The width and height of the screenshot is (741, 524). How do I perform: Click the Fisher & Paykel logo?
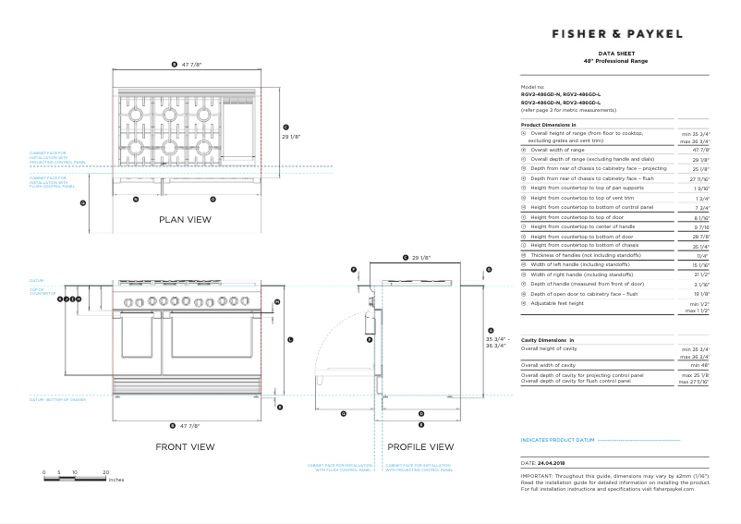617,34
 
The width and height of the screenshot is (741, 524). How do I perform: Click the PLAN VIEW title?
185,220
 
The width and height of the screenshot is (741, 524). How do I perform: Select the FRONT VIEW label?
185,447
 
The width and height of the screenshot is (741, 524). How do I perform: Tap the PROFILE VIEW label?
420,447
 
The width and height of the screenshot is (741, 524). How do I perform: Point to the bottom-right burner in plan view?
202,146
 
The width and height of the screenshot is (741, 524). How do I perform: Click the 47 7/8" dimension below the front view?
191,425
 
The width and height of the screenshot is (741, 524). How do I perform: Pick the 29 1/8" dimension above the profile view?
421,257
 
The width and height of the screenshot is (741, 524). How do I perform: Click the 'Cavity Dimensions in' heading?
548,341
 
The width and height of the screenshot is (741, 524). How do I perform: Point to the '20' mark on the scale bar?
105,472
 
